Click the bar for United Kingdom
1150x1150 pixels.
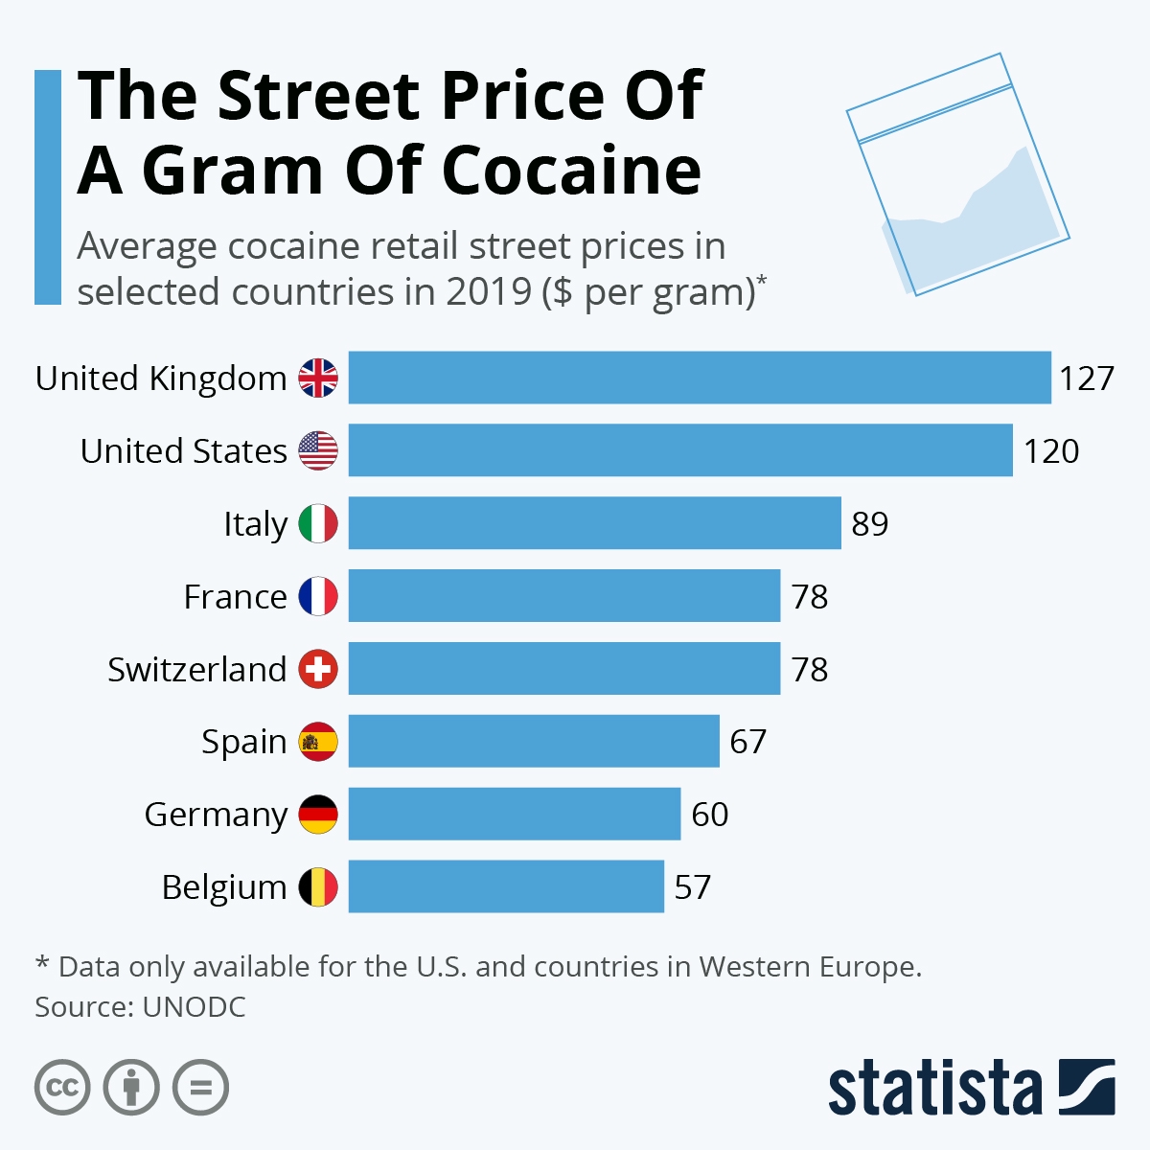(x=700, y=378)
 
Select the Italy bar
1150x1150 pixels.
(x=594, y=523)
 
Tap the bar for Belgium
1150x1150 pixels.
(x=506, y=886)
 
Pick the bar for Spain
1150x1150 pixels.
(x=534, y=741)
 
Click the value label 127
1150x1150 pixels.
(x=1086, y=379)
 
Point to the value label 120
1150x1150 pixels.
(x=1050, y=451)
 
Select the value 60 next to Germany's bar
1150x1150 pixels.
(x=709, y=815)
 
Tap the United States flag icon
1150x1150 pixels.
(x=318, y=450)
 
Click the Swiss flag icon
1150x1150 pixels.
(x=318, y=669)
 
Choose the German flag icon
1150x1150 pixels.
(x=318, y=815)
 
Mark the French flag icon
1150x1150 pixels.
(x=318, y=596)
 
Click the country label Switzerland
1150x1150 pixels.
(x=196, y=669)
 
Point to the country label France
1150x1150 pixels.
(x=235, y=596)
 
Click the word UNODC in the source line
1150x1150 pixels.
(x=194, y=1007)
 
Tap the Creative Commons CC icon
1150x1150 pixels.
(x=62, y=1088)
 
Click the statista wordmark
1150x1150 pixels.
(x=934, y=1089)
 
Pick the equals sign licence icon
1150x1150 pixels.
(x=200, y=1088)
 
